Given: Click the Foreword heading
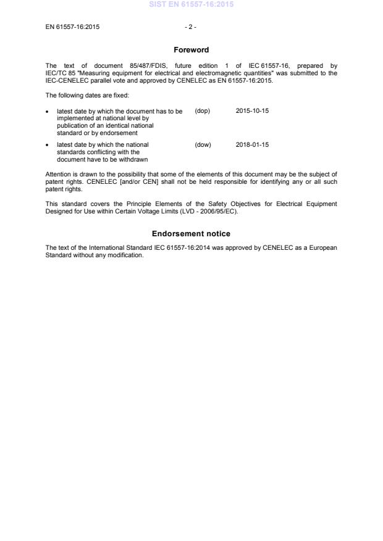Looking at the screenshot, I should tap(191, 50).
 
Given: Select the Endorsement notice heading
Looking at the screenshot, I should tap(191, 234).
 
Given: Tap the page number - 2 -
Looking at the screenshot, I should tap(191, 27).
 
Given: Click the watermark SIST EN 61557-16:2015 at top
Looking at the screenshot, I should tap(192, 4).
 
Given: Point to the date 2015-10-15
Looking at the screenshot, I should tap(252, 111).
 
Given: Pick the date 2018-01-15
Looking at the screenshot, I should tap(252, 145).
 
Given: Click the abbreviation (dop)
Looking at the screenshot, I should tap(203, 111).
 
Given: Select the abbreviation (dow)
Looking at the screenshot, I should tap(203, 145).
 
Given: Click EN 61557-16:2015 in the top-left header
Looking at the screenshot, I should tap(72, 27).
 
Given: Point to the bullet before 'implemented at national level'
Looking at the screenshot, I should tap(48, 112).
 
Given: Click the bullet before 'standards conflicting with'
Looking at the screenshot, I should tap(48, 146).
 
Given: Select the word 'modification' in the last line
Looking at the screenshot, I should tap(127, 255).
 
